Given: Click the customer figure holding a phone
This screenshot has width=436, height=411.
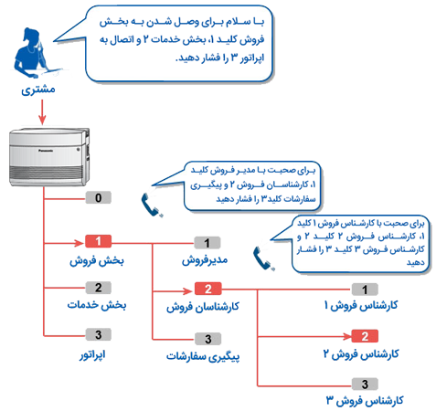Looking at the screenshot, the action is coord(33,53).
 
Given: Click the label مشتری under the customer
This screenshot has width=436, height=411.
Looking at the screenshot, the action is coord(38,90).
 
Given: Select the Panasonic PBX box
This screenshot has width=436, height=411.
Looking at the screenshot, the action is coord(49,157).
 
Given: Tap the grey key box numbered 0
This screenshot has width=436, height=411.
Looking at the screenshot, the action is coord(98,198).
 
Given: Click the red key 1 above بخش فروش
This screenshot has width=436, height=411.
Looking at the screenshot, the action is coord(98,241).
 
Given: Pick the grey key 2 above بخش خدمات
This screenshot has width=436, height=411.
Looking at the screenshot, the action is coord(98,288).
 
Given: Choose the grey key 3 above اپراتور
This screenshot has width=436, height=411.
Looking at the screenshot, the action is coord(98,334).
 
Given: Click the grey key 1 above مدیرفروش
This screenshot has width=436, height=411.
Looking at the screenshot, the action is coord(207,243).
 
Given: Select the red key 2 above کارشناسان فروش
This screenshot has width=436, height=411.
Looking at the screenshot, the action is coord(207,289).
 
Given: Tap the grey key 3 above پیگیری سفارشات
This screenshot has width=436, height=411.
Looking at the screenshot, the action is coord(207,339).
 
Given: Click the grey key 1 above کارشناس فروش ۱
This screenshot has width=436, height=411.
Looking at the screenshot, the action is coord(365,290).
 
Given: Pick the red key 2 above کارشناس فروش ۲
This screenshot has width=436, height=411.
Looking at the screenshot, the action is coord(365,336).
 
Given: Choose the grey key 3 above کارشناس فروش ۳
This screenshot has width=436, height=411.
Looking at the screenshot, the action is coord(365,385).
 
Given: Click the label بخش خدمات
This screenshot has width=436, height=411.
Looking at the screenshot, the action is coord(97,305).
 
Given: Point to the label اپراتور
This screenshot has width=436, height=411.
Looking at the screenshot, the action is coord(92,354).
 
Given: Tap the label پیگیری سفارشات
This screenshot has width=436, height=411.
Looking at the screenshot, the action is coord(203,356).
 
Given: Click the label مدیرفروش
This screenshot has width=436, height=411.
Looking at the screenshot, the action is coord(205,260).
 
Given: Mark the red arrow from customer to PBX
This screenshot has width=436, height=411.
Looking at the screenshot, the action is coord(42,112).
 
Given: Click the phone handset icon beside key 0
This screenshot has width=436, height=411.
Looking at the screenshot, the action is coord(152,205).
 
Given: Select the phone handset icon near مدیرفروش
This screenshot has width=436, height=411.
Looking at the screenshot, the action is coord(264,258).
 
